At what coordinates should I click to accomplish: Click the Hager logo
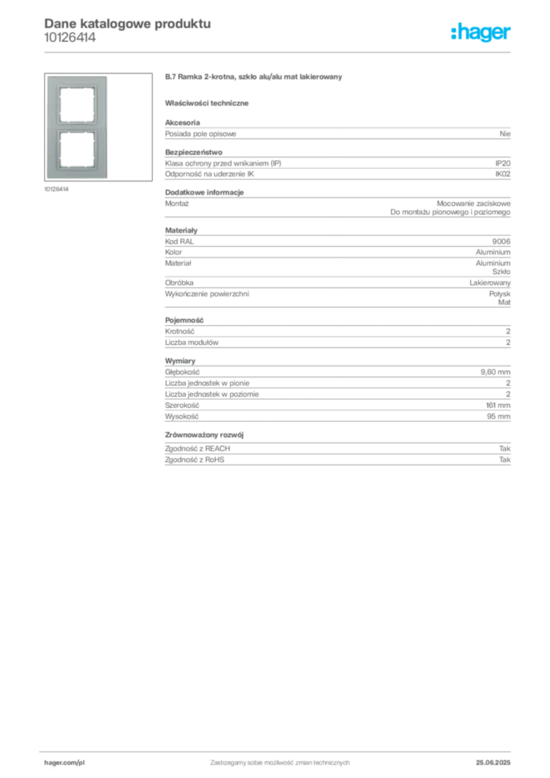[481, 32]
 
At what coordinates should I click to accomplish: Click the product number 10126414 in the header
[70, 38]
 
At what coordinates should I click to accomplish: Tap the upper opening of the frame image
[77, 105]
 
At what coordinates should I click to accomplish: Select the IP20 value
[503, 163]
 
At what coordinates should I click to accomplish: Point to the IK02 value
[503, 174]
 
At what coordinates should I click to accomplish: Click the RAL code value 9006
[501, 242]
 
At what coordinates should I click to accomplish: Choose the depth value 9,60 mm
[495, 372]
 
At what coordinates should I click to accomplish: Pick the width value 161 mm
[498, 406]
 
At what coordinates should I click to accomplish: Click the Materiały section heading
[181, 231]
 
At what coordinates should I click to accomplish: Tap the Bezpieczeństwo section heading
[194, 152]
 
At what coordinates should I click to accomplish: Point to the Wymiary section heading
[180, 361]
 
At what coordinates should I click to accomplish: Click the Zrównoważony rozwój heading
[204, 435]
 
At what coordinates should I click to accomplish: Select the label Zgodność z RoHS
[194, 460]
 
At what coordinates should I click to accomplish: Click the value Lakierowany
[490, 283]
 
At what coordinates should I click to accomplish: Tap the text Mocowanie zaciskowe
[473, 204]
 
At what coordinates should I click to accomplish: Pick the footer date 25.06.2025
[493, 763]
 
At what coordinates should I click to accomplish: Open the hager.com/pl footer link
[65, 763]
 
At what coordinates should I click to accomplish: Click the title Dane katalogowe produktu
[128, 24]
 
